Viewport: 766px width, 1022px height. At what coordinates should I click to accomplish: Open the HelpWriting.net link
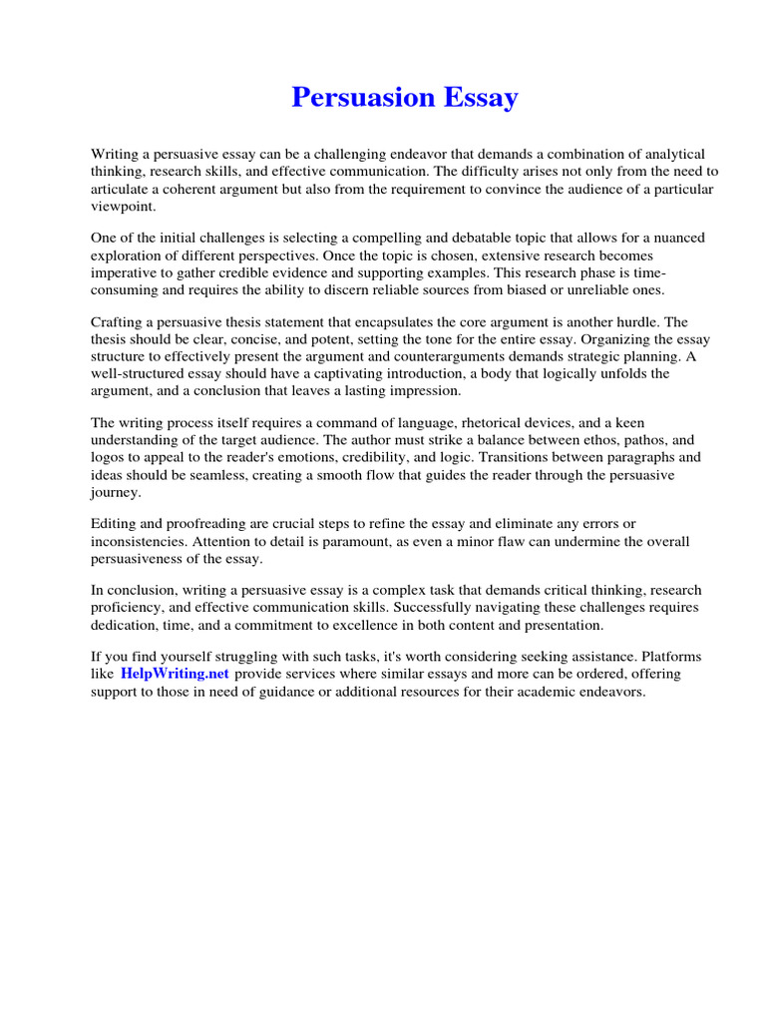pos(175,674)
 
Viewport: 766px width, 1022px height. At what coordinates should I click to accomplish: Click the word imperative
pos(126,271)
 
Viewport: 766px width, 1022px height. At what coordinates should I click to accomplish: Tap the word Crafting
pos(120,322)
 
